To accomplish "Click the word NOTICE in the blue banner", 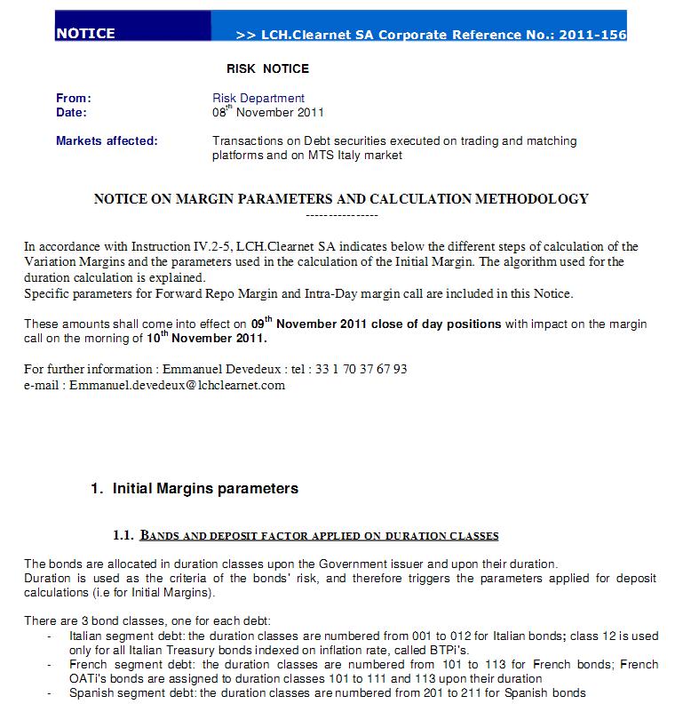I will pyautogui.click(x=85, y=34).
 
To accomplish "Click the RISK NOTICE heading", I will pyautogui.click(x=267, y=68).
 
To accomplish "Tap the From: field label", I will pyautogui.click(x=74, y=99).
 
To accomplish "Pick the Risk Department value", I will pyautogui.click(x=258, y=99).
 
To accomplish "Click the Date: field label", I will pyautogui.click(x=71, y=113).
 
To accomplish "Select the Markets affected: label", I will pyautogui.click(x=107, y=141).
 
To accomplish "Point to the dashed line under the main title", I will pyautogui.click(x=341, y=215).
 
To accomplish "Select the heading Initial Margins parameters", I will pyautogui.click(x=205, y=489).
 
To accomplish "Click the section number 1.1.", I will pyautogui.click(x=123, y=535).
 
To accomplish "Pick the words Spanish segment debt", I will pyautogui.click(x=122, y=692).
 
